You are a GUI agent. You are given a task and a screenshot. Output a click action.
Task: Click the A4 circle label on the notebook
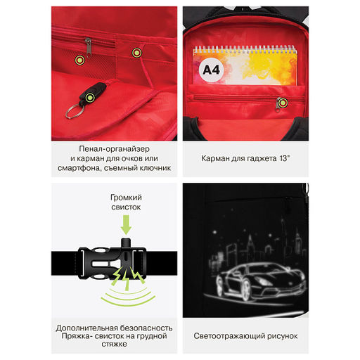[211, 70]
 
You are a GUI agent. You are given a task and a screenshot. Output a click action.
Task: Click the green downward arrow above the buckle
[126, 225]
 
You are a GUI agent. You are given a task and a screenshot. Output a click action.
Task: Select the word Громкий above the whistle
[126, 198]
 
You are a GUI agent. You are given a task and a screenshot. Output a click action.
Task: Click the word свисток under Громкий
[126, 207]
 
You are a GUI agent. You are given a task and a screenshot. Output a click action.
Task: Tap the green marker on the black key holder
[90, 98]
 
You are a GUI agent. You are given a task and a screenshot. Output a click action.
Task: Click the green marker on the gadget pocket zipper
[283, 103]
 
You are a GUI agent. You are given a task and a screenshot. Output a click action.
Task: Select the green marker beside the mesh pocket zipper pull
[79, 60]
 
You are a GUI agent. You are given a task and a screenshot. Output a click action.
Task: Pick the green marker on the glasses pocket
[136, 53]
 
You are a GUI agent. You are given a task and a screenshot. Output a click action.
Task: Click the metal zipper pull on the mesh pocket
[88, 48]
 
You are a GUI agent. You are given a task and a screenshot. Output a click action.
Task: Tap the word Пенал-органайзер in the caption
[114, 149]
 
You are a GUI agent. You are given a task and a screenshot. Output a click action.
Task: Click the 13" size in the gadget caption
[284, 158]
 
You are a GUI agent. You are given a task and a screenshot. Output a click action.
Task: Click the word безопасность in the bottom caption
[146, 328]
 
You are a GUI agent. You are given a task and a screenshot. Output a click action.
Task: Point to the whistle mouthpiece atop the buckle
[126, 243]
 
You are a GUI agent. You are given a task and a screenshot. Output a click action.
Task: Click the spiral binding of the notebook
[245, 49]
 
